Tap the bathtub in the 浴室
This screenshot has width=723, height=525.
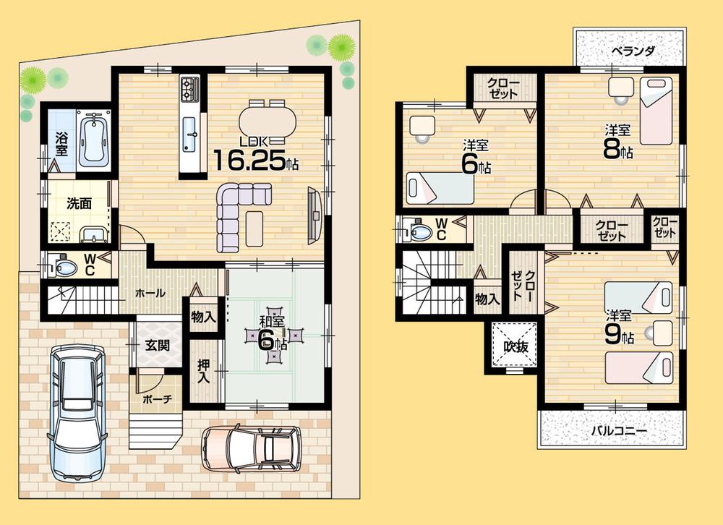(92, 140)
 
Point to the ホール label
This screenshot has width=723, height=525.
(150, 294)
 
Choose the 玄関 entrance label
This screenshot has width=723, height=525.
(157, 346)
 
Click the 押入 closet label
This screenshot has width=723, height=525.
(203, 371)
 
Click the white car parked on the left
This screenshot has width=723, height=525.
(77, 412)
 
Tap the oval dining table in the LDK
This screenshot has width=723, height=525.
(267, 117)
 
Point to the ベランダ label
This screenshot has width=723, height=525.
(632, 51)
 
